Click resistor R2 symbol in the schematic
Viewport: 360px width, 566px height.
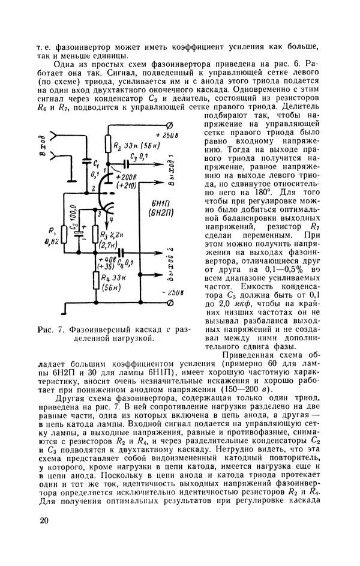110,145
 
